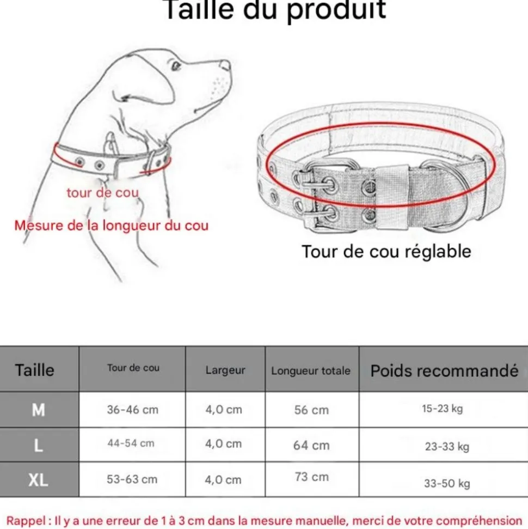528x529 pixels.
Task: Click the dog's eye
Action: [175, 66]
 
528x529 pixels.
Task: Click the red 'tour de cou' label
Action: [102, 192]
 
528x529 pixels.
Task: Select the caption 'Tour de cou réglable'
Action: [386, 252]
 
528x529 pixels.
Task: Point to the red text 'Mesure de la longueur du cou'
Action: [112, 225]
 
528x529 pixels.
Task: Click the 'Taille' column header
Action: [35, 370]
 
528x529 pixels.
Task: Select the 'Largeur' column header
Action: [225, 370]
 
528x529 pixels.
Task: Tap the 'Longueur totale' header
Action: [311, 371]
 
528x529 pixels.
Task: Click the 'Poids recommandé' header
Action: [444, 371]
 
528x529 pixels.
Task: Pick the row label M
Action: [38, 410]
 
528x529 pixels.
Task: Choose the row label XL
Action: [38, 480]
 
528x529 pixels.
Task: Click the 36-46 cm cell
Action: [132, 410]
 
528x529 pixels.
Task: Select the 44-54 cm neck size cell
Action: [131, 443]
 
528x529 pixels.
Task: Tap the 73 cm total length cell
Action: [312, 477]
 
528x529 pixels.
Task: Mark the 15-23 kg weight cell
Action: [442, 409]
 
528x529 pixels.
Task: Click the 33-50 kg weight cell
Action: [447, 483]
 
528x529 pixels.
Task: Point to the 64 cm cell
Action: [311, 445]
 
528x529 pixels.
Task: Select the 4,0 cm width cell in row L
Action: [223, 444]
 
